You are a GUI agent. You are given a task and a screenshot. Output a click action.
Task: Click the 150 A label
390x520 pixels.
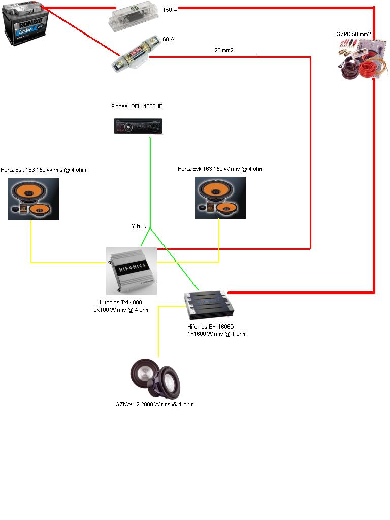click(170, 10)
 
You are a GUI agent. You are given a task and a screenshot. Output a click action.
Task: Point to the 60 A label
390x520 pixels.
click(168, 39)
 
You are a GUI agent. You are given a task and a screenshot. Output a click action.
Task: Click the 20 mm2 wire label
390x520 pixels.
click(224, 50)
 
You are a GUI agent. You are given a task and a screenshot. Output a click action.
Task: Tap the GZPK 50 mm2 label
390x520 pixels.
click(353, 34)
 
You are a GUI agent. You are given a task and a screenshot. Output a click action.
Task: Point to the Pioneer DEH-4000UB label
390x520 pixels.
click(137, 107)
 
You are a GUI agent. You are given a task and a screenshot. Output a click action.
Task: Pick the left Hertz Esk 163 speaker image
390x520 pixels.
click(34, 199)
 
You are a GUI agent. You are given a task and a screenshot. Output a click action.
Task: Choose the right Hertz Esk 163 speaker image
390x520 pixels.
click(220, 198)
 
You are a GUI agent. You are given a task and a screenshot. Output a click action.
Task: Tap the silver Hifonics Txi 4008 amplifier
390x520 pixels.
click(131, 271)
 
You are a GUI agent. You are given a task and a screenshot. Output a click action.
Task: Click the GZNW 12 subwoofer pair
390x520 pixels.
click(156, 378)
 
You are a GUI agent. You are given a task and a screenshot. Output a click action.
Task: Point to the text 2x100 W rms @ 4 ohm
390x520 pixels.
click(121, 310)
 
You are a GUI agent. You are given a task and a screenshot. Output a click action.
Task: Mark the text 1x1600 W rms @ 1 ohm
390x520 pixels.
click(217, 334)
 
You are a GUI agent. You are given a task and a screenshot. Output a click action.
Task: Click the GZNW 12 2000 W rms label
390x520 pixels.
click(154, 405)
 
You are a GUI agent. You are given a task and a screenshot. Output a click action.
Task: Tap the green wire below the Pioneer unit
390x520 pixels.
click(150, 178)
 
